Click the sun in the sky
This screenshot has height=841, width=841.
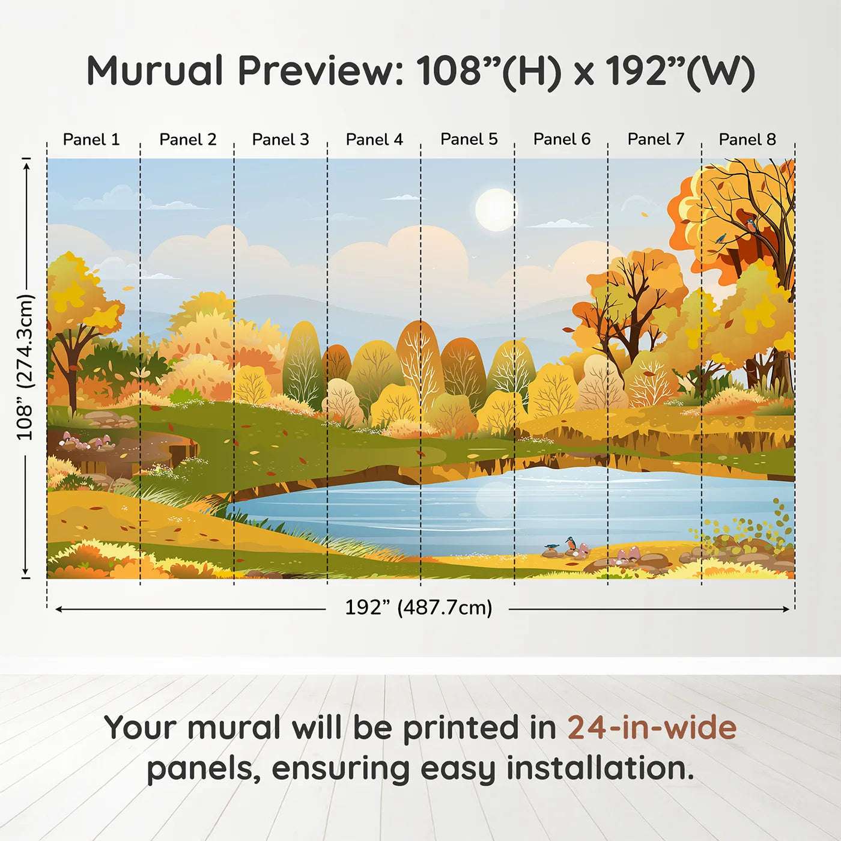[x=495, y=210]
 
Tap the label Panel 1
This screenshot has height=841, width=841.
[x=91, y=139]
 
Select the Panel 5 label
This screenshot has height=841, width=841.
[x=469, y=139]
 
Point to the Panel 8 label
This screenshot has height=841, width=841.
[x=747, y=139]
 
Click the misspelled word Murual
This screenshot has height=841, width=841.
[x=155, y=71]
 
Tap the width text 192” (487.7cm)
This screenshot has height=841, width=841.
[x=418, y=607]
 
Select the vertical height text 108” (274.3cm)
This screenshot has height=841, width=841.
[x=25, y=367]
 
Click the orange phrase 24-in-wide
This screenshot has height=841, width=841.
[x=652, y=728]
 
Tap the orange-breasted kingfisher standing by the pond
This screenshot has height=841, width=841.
[x=571, y=544]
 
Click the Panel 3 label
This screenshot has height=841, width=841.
[x=281, y=139]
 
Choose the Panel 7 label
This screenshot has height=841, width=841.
[x=656, y=139]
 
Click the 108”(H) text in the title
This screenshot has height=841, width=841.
[x=489, y=71]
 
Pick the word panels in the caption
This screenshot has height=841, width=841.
[x=204, y=768]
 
